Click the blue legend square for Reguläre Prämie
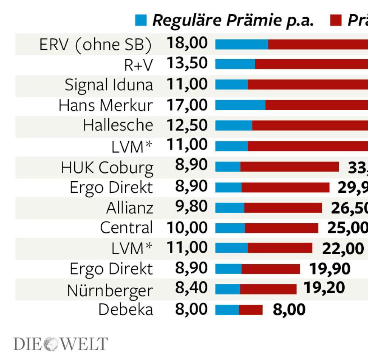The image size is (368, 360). pos(141,20)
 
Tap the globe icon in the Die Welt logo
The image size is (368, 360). pos(51,344)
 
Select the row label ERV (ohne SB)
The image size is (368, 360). pos(96,45)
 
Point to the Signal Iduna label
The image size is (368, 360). pos(109,85)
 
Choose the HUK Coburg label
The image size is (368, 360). pos(107,168)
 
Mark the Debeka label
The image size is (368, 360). pos(126,310)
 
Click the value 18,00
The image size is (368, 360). pos(187,43)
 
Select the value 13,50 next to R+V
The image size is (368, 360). pos(187,63)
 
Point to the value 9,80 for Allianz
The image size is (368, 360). pos(192,207)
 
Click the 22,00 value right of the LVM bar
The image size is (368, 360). pos(343,248)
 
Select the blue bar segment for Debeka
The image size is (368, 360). pos(227,310)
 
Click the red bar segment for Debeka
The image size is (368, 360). pos(251,310)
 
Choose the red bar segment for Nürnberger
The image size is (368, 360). pos(268,289)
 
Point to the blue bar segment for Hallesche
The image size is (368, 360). pos(234,126)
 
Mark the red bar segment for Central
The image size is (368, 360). pos(281,228)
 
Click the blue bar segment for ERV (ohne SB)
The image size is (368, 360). pos(241,44)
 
